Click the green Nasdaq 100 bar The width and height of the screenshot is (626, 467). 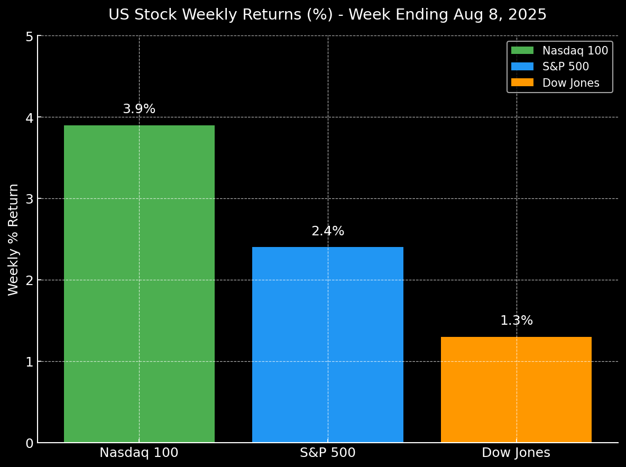(x=139, y=283)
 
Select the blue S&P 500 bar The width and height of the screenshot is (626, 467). (x=327, y=344)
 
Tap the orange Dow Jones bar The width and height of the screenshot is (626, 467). (x=516, y=389)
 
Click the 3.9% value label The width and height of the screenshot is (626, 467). (x=139, y=109)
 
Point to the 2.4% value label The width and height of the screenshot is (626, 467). (x=328, y=231)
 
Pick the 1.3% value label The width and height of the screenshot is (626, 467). (x=517, y=321)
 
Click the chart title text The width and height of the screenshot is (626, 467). (x=327, y=15)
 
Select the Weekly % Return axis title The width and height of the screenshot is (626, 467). (x=14, y=239)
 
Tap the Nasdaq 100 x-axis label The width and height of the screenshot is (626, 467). (x=139, y=453)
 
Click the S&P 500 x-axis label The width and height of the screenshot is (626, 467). (x=327, y=453)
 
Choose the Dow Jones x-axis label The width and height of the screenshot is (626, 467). (x=516, y=453)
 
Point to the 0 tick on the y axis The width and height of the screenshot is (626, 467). (x=29, y=443)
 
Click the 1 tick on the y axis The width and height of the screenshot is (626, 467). (x=29, y=362)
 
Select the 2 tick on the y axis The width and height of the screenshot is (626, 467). (x=29, y=280)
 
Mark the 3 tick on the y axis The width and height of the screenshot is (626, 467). (x=29, y=199)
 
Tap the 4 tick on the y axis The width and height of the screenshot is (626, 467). (x=29, y=117)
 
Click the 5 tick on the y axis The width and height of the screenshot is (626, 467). (x=29, y=36)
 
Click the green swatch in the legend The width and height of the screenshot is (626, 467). (x=522, y=51)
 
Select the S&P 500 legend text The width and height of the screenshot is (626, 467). (x=565, y=67)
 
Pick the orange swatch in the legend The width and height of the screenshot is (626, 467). (x=522, y=83)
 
